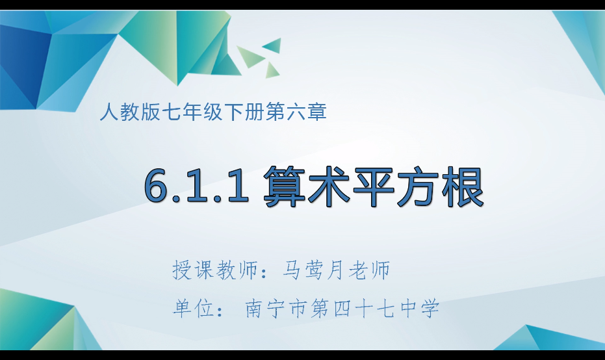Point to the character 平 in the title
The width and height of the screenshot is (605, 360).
[x=374, y=187]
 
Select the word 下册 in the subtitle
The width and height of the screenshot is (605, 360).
[x=250, y=112]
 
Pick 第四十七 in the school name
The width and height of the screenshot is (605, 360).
[x=352, y=307]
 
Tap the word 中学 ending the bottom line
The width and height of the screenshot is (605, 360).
[x=418, y=307]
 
